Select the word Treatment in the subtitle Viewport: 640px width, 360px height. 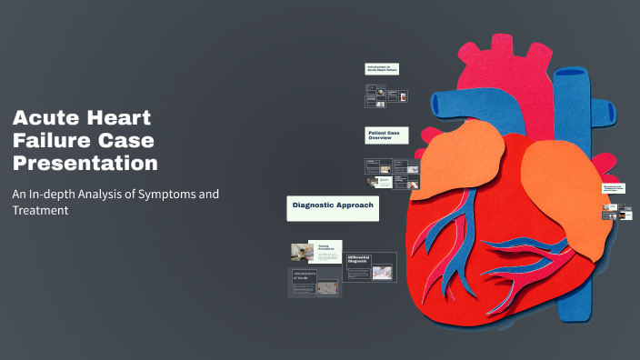click(x=41, y=210)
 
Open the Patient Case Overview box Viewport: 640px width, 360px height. click(x=386, y=135)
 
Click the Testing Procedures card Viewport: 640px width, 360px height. click(x=328, y=251)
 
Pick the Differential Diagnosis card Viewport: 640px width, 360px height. click(x=371, y=266)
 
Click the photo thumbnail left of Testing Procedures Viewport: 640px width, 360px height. click(x=302, y=252)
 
